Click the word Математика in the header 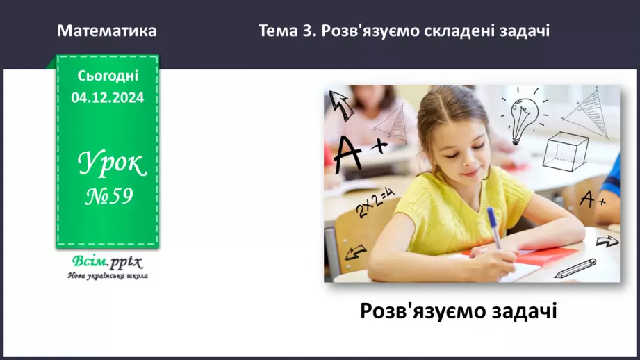[107, 31]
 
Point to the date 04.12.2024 [108, 98]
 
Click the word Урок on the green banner [111, 164]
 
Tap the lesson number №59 [108, 197]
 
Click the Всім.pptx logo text [106, 262]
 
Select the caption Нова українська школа [108, 276]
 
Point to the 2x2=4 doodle [376, 202]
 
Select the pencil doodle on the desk [575, 268]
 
